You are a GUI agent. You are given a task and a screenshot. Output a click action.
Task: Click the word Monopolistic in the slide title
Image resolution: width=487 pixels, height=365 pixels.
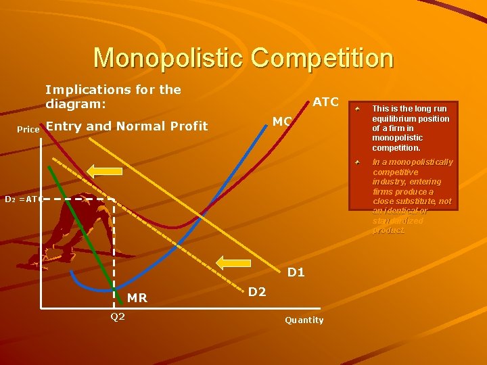click(x=169, y=58)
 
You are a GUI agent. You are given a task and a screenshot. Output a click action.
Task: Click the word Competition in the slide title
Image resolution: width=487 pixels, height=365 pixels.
click(x=322, y=58)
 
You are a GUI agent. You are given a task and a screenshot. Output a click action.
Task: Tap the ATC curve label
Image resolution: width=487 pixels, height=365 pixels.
click(x=325, y=102)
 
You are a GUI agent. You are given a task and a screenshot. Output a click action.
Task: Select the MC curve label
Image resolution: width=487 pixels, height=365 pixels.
click(x=282, y=122)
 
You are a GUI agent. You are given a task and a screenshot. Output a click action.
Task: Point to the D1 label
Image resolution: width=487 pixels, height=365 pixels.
click(x=296, y=273)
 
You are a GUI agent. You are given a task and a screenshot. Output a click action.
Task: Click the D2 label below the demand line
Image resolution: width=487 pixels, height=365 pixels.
click(x=257, y=292)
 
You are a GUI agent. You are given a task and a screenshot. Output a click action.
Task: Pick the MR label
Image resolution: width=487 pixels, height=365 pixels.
click(x=137, y=298)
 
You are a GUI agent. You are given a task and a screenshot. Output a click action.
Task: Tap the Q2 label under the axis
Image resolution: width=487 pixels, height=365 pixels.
click(x=118, y=316)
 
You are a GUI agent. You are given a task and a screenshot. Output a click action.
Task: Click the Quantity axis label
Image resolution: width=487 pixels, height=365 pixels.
click(x=304, y=320)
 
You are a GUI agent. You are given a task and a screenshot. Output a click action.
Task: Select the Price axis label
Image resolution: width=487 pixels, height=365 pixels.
click(x=28, y=129)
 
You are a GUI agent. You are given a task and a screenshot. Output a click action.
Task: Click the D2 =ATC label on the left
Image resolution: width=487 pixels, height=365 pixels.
click(x=24, y=199)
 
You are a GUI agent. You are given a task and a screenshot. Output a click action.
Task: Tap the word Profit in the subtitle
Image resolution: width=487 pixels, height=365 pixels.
click(x=189, y=126)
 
